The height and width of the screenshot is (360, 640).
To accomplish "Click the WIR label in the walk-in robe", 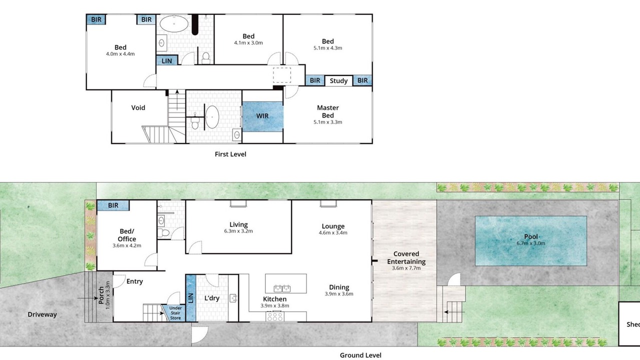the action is click(x=262, y=116).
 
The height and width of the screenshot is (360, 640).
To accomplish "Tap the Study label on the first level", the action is click(x=338, y=81).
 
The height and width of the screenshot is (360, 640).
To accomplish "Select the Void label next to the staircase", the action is click(x=138, y=107).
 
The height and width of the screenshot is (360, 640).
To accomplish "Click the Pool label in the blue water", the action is click(x=531, y=236).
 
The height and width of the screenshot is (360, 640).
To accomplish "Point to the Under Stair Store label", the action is click(x=175, y=313).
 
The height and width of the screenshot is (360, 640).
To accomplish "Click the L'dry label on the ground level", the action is click(x=211, y=298).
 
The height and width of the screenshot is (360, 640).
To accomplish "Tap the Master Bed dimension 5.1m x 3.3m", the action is click(x=327, y=122).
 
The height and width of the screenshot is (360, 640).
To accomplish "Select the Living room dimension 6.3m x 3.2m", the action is click(x=238, y=231).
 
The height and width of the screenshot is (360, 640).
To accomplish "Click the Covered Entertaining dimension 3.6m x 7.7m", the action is click(x=406, y=268).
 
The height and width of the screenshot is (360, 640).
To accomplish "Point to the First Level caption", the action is click(x=230, y=154).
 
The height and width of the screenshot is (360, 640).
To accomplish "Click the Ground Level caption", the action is click(x=360, y=355).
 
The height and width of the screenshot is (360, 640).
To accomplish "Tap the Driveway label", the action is click(x=42, y=314).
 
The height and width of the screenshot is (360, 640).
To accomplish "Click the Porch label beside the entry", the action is click(x=101, y=295).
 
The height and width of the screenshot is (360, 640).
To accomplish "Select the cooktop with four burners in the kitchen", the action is click(x=275, y=316).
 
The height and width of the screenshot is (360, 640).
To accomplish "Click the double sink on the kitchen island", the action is click(x=282, y=288).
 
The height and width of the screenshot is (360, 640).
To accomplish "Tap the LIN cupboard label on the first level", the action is click(x=167, y=61).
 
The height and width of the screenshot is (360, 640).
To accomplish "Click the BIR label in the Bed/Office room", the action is click(x=113, y=205).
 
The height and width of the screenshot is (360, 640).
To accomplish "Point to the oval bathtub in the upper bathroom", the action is click(x=173, y=23).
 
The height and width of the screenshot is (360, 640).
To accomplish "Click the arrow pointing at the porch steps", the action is click(x=87, y=298).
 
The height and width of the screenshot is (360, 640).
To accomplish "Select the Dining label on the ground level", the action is click(x=339, y=287).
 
